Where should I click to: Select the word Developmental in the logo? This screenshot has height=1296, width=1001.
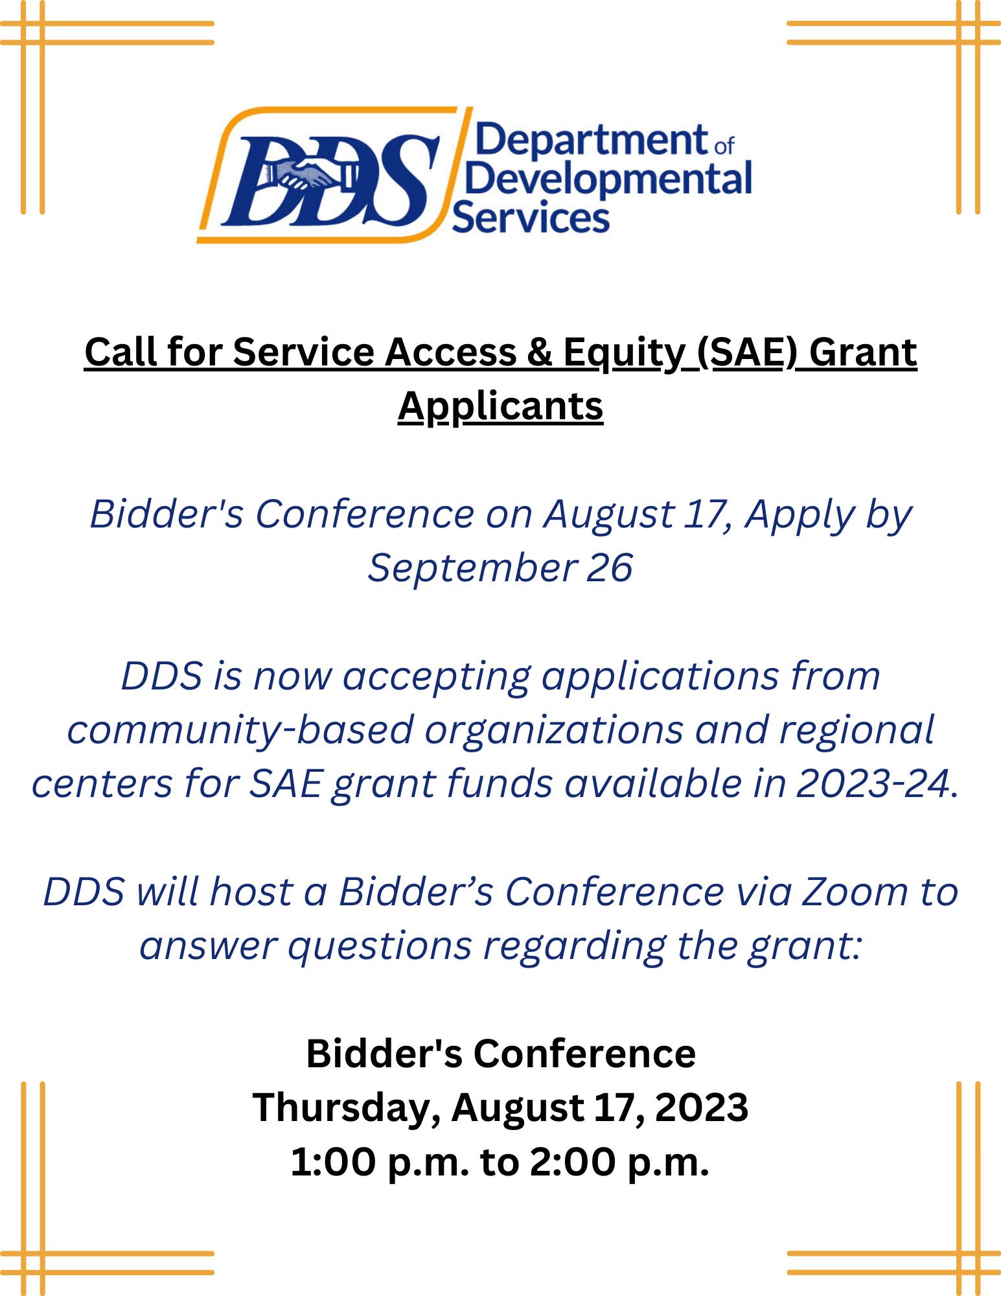point(608,180)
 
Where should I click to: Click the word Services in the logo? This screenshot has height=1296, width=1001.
point(531,217)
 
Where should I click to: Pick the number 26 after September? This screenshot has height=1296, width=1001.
point(610,568)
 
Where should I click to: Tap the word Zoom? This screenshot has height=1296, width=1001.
point(855,892)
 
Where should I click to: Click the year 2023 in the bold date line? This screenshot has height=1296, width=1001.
point(702,1107)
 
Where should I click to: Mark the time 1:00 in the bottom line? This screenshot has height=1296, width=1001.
point(333,1162)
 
